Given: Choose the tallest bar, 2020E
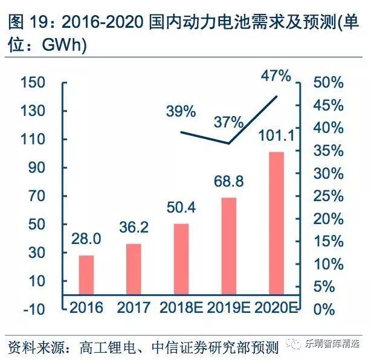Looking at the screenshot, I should (x=276, y=223).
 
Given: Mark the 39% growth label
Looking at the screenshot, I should (x=181, y=112).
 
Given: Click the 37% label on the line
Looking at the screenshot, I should (x=228, y=123).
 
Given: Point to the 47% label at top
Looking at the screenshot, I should (x=276, y=76).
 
